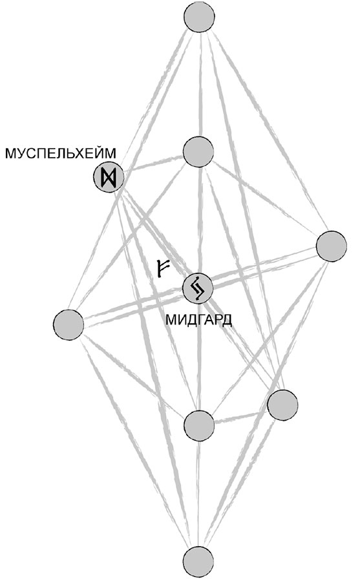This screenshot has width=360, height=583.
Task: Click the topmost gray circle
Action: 199,17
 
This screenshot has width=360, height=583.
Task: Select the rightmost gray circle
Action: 332,246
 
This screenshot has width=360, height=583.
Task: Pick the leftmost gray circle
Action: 69,324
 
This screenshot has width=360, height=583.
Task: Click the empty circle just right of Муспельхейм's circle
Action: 199,152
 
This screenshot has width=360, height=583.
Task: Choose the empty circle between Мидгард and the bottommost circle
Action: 199,426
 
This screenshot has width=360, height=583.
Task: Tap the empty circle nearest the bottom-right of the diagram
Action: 282,405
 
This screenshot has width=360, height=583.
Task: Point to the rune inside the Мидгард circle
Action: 197,288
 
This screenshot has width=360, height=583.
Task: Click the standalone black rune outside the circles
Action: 162,268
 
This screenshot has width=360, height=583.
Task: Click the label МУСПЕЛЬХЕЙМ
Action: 61,153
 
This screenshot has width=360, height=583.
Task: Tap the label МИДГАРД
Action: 199,319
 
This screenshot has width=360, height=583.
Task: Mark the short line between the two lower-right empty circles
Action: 241,416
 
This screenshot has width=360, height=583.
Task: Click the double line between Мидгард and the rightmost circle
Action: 264,268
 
